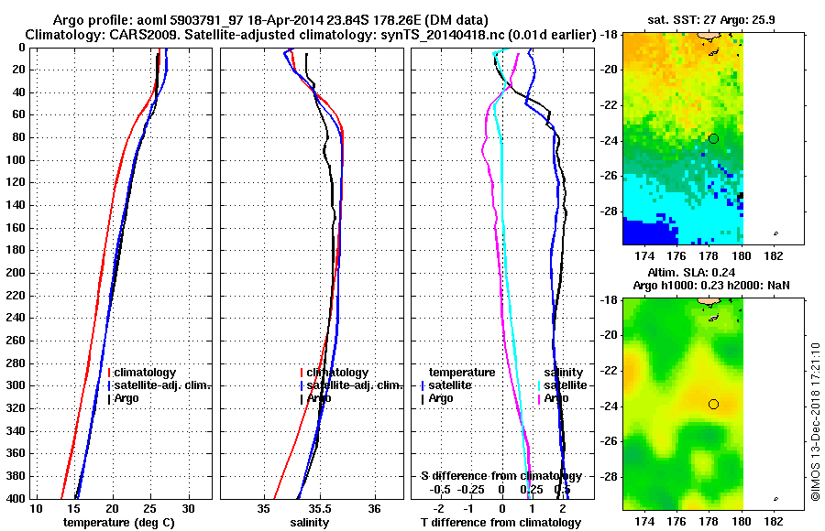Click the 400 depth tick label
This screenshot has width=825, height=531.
click(15, 499)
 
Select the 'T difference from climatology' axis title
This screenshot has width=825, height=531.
click(500, 522)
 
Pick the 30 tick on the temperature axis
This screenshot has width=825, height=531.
click(188, 508)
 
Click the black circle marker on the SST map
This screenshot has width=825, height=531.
click(713, 138)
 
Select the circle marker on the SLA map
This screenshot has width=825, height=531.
click(713, 404)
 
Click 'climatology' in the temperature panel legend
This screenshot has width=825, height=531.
click(146, 373)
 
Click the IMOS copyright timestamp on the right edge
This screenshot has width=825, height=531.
click(815, 421)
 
